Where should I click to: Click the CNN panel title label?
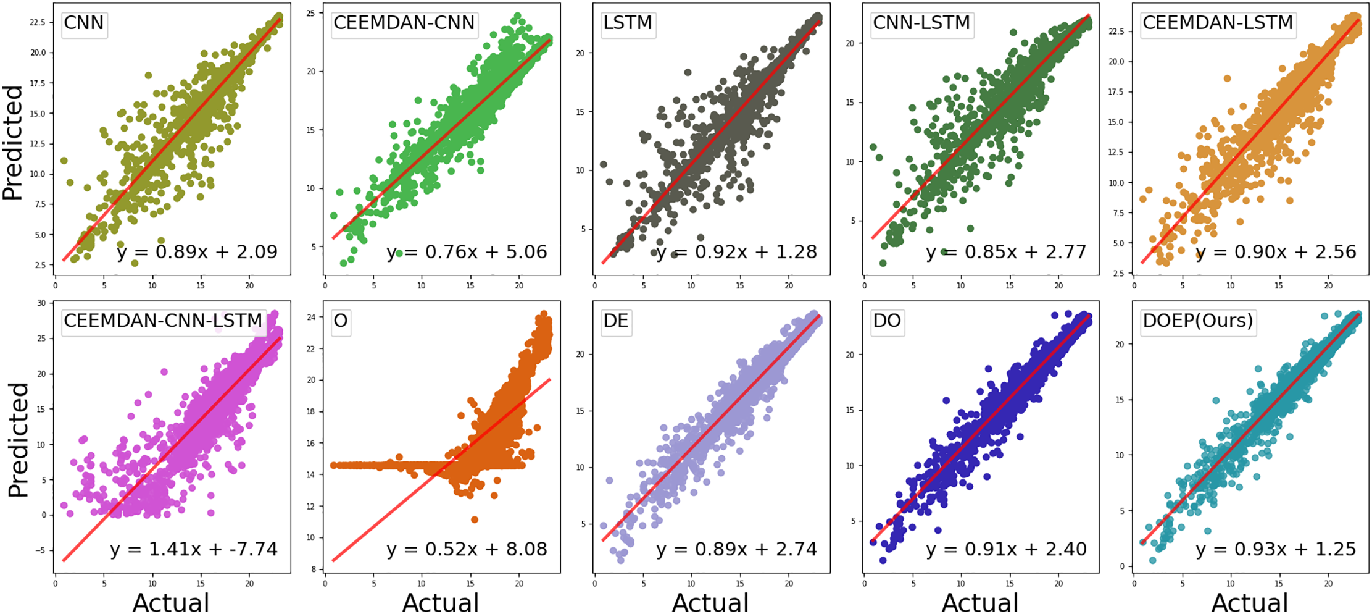pos(84,23)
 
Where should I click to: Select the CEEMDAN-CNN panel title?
pos(404,23)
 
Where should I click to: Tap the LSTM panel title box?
pos(627,23)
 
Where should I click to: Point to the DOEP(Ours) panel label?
pos(1198,321)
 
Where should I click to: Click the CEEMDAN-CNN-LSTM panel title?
pos(164,321)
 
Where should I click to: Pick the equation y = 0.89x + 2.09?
pos(197,252)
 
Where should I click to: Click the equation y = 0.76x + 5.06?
pos(467,252)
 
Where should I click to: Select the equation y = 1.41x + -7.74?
pos(194,549)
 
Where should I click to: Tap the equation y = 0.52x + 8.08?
pos(467,549)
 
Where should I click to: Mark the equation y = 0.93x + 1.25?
pos(1276,549)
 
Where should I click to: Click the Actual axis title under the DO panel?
pos(980,602)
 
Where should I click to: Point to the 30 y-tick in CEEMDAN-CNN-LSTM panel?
pos(41,303)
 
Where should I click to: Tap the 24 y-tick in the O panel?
pos(311,318)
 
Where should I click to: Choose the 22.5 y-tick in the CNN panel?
pos(38,23)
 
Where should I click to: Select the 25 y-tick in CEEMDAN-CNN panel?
pos(311,13)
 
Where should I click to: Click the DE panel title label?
pos(616,321)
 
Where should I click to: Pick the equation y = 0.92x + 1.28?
pos(736,252)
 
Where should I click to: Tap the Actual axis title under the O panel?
pos(441,602)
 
